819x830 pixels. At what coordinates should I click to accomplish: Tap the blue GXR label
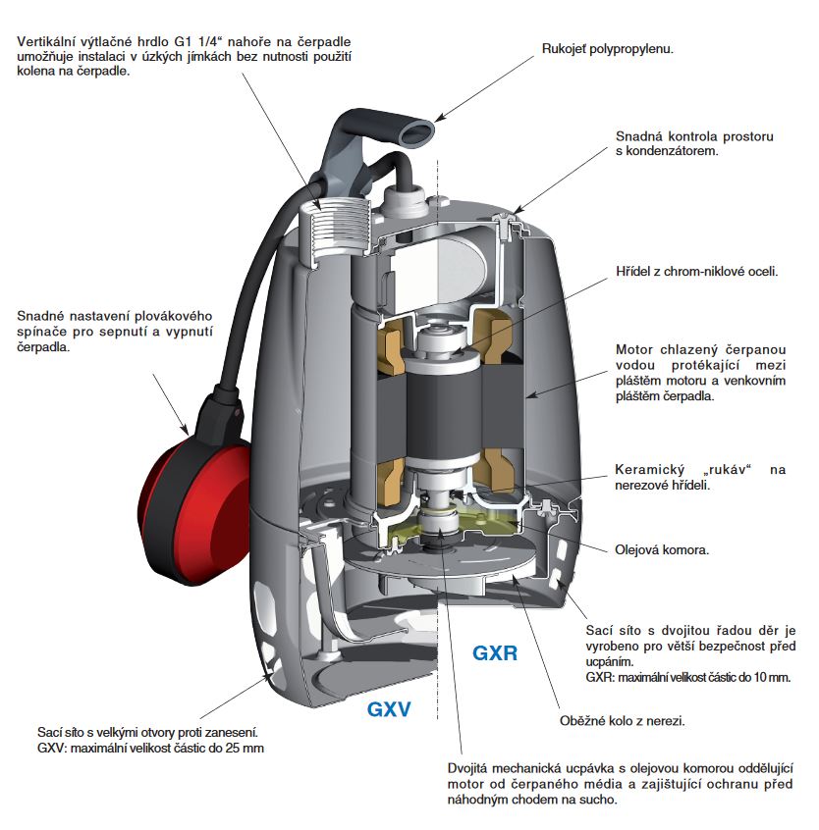[495, 652]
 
